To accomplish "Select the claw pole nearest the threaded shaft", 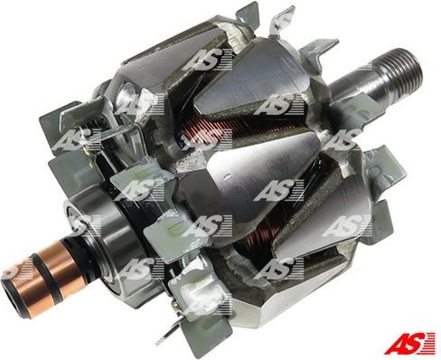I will [x=298, y=99].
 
